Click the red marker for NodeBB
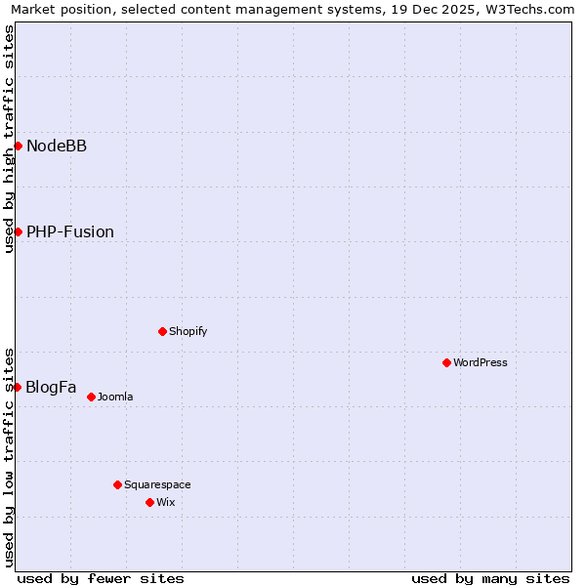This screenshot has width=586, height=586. coord(18,146)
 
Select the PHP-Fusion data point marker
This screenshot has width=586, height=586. coord(18,231)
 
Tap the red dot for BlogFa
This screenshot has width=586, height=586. coord(17,387)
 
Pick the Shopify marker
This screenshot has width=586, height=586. coord(162,331)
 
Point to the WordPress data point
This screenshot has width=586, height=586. coord(446,362)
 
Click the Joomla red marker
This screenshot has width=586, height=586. coord(91,397)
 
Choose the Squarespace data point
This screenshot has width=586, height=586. coord(117,484)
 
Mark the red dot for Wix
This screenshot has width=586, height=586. coord(149,502)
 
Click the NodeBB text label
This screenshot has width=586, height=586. coord(57,146)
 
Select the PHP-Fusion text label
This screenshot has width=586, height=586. coord(70,231)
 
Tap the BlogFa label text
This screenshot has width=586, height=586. coord(51,387)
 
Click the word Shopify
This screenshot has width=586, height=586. coord(188,331)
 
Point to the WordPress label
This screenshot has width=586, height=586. coord(481,362)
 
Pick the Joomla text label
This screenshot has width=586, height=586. coord(115,397)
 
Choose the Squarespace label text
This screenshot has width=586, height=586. coord(157,484)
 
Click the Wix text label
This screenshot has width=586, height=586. coord(165,502)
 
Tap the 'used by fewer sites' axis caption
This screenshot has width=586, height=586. coord(101,578)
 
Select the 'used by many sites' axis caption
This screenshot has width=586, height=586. coord(490,578)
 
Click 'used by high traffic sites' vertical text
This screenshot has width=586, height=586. coord(9,139)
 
